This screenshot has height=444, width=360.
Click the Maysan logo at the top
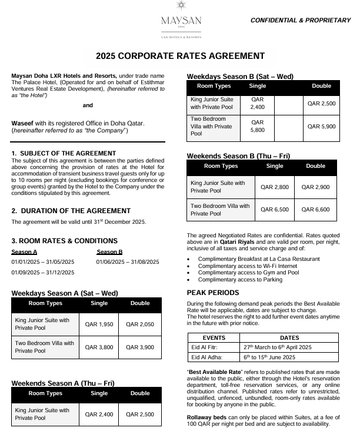tap(181, 21)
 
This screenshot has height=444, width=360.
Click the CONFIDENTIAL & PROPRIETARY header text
tap(300, 21)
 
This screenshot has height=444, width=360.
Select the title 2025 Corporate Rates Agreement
tap(180, 57)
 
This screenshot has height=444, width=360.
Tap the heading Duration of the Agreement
tap(71, 211)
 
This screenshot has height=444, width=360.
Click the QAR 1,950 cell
tap(99, 324)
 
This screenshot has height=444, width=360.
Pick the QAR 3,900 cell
tap(140, 347)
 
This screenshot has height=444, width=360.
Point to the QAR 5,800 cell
tap(258, 126)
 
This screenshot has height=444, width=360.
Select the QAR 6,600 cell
tap(316, 210)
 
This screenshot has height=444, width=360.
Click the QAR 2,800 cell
tap(275, 187)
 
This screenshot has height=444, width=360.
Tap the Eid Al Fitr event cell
tap(205, 347)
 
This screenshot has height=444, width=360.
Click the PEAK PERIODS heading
tap(213, 293)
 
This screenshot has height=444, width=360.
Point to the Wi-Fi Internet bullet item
tap(241, 266)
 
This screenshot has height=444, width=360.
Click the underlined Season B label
tap(109, 252)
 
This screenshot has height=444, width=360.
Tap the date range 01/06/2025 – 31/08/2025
tap(128, 261)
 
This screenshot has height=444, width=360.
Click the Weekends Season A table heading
tap(63, 383)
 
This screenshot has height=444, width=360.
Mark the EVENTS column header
tap(214, 338)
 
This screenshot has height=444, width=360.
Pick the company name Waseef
tap(23, 122)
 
